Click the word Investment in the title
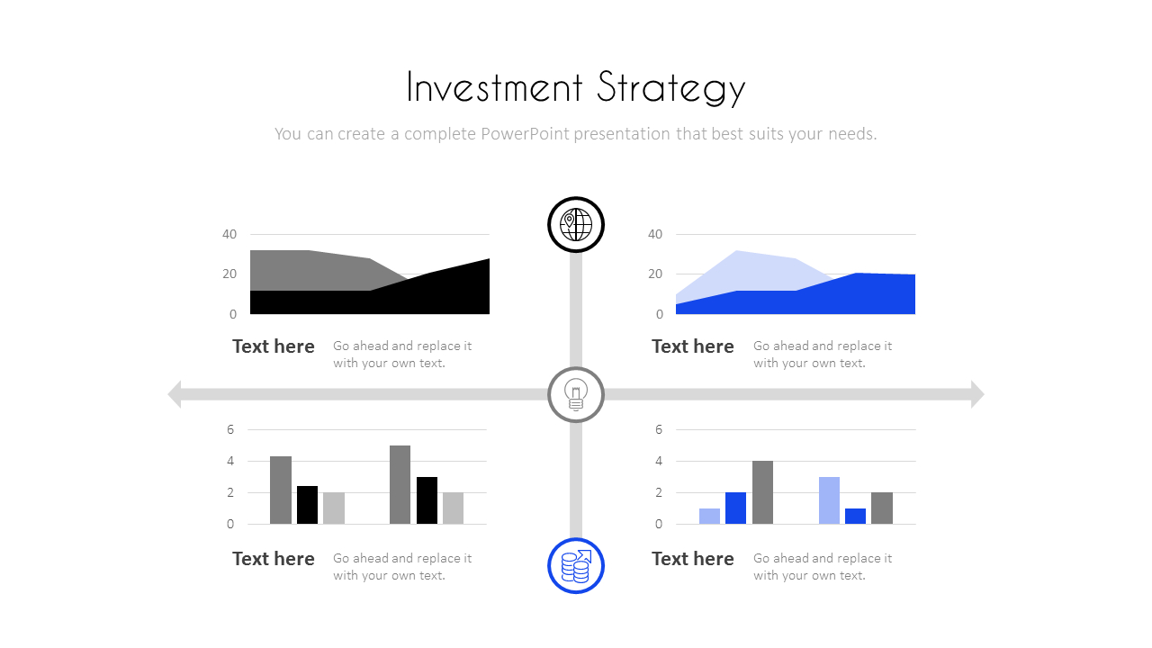pyautogui.click(x=495, y=87)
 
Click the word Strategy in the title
pyautogui.click(x=671, y=88)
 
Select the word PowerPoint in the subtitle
pyautogui.click(x=525, y=134)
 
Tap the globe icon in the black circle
pyautogui.click(x=575, y=225)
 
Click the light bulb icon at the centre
pyautogui.click(x=575, y=394)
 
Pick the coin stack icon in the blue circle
pyautogui.click(x=575, y=566)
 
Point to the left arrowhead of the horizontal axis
pyautogui.click(x=175, y=394)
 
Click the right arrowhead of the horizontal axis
pyautogui.click(x=977, y=394)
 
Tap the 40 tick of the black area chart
pyautogui.click(x=229, y=235)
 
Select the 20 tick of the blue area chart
pyautogui.click(x=655, y=274)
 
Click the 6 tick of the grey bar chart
pyautogui.click(x=230, y=429)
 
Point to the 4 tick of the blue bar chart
pyautogui.click(x=659, y=461)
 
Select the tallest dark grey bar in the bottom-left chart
pyautogui.click(x=400, y=485)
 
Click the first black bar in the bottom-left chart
pyautogui.click(x=307, y=505)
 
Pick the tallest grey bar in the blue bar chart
pyautogui.click(x=762, y=492)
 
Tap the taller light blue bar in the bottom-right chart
pyautogui.click(x=829, y=500)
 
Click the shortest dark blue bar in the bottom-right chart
pyautogui.click(x=855, y=517)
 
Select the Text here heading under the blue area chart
pyautogui.click(x=693, y=346)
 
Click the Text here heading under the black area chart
pyautogui.click(x=273, y=346)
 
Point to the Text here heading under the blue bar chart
pyautogui.click(x=693, y=559)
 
